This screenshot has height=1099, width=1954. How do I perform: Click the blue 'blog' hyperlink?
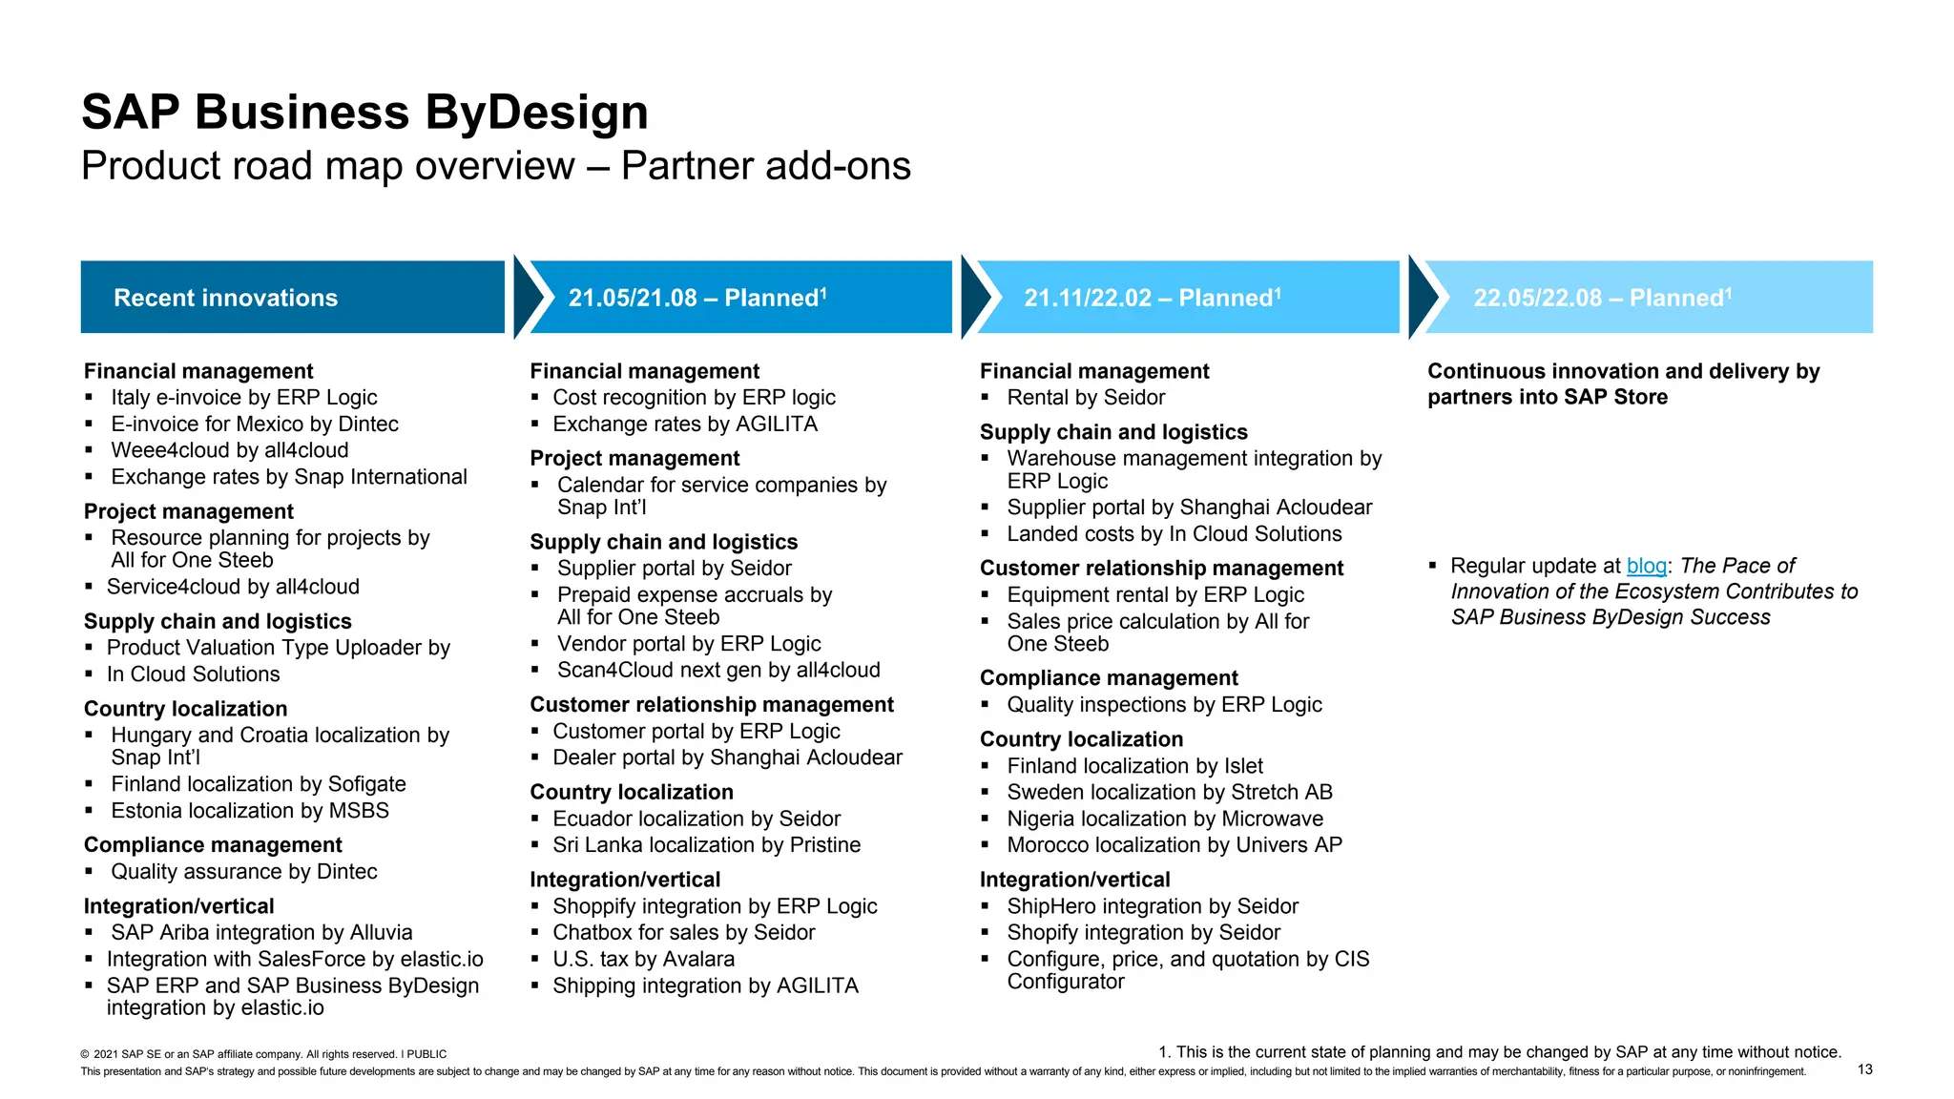coord(1646,566)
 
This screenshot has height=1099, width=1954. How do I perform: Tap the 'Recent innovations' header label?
coord(225,298)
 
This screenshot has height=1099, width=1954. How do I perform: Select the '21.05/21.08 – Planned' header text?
coord(696,298)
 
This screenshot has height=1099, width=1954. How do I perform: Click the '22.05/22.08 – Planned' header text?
coord(1601,298)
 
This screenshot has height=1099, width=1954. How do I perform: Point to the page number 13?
coord(1864,1069)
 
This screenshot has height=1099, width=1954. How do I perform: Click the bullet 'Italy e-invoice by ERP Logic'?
coord(243,398)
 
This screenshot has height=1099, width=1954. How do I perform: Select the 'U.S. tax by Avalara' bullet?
coord(643,959)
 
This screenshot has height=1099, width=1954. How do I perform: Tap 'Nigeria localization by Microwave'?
coord(1164,819)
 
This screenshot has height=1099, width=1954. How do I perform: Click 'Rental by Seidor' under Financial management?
coord(1086,398)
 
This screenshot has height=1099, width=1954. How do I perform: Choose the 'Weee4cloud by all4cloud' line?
coord(229,450)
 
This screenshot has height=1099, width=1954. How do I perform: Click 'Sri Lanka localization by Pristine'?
coord(706,845)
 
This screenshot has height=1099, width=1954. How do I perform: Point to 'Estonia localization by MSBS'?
coord(250,811)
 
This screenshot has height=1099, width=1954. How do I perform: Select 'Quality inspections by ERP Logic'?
coord(1164,705)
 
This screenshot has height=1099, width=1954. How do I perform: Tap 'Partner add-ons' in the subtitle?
coord(765,166)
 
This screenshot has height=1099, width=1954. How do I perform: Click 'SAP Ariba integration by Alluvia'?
coord(261,933)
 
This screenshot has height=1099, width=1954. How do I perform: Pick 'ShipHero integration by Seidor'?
coord(1153,906)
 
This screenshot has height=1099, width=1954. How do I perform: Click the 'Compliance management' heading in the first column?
coord(213,845)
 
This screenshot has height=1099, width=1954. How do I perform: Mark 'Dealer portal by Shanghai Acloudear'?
coord(727,757)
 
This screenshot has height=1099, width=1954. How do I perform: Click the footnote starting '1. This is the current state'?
coord(1499,1052)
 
